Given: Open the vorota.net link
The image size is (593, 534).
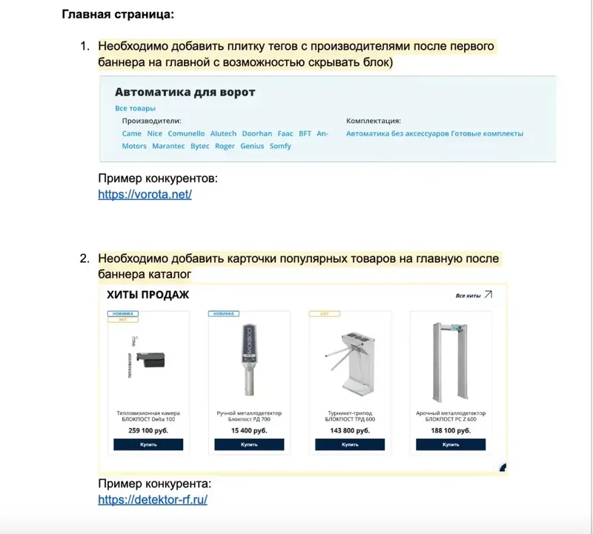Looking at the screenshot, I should (145, 194).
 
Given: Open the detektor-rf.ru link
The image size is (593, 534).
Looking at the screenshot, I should (153, 499).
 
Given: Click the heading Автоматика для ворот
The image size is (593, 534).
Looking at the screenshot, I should (185, 93).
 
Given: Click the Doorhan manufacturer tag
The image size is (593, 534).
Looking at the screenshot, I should (257, 133).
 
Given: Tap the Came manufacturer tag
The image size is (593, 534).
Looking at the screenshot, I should (131, 133).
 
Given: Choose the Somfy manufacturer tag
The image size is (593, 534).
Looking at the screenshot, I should (280, 146).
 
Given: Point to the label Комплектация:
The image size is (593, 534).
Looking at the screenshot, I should (374, 120).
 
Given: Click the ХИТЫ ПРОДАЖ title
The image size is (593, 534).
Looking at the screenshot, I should (148, 295).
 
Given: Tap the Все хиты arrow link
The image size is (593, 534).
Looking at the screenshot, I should (474, 296).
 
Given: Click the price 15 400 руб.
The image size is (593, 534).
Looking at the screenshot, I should (249, 430).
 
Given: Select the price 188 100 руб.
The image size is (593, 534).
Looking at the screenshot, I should (451, 430).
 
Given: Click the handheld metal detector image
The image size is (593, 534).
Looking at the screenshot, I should (249, 359).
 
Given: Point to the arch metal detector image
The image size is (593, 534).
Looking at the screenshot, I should (451, 359).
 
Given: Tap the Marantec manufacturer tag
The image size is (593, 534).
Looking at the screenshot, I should (168, 146).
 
